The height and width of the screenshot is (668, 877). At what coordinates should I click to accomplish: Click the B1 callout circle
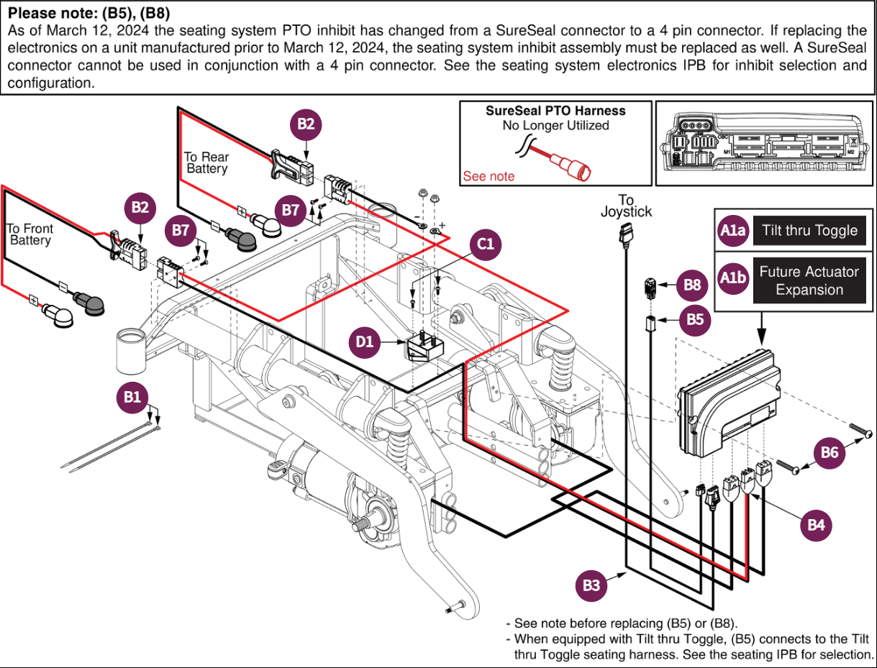pos(133,396)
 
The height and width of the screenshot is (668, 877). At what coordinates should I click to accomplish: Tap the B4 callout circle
pos(816,525)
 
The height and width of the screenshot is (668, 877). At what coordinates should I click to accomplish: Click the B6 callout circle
pos(830,452)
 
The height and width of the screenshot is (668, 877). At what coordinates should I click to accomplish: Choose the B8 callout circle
pos(692,285)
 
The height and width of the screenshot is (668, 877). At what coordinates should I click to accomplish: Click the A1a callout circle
pos(733,231)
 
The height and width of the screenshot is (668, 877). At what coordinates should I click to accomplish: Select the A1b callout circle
pos(733,280)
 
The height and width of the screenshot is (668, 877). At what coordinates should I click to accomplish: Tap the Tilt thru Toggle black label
pos(809,231)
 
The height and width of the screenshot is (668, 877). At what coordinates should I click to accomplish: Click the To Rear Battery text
pos(206,163)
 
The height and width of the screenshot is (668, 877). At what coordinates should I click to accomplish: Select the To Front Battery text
pos(30,234)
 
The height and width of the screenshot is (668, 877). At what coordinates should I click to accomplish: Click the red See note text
pos(489,176)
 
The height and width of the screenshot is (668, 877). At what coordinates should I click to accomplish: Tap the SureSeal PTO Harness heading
pos(555,111)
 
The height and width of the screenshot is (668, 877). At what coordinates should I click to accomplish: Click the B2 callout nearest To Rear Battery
pos(306,124)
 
